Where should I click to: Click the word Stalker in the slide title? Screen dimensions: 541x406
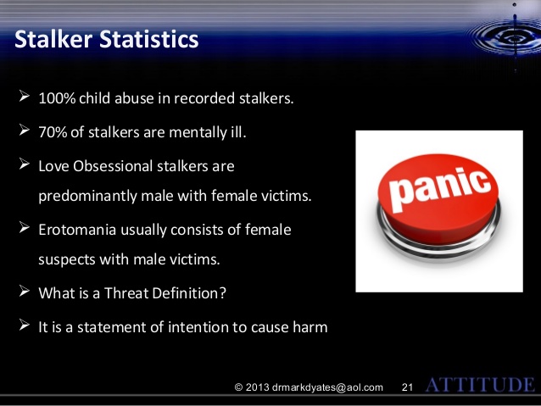click(x=53, y=39)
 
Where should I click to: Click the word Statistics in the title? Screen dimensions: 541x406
click(x=149, y=39)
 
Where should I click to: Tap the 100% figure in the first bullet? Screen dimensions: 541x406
click(x=57, y=98)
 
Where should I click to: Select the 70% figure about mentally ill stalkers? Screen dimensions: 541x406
click(x=53, y=132)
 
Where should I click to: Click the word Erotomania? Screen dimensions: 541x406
click(x=77, y=230)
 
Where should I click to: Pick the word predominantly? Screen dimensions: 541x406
click(x=87, y=196)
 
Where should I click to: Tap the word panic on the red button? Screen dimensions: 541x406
click(x=440, y=188)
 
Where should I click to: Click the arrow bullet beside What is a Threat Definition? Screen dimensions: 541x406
click(x=24, y=291)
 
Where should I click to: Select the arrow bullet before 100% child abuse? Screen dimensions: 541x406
click(x=24, y=97)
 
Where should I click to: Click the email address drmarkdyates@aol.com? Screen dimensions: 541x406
click(x=327, y=387)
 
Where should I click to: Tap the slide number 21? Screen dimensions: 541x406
click(x=408, y=387)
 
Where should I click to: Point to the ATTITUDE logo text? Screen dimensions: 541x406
click(x=480, y=385)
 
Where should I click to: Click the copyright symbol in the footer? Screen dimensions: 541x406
click(x=238, y=387)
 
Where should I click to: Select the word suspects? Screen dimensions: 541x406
click(x=67, y=259)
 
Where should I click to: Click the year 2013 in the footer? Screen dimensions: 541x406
click(x=258, y=387)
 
